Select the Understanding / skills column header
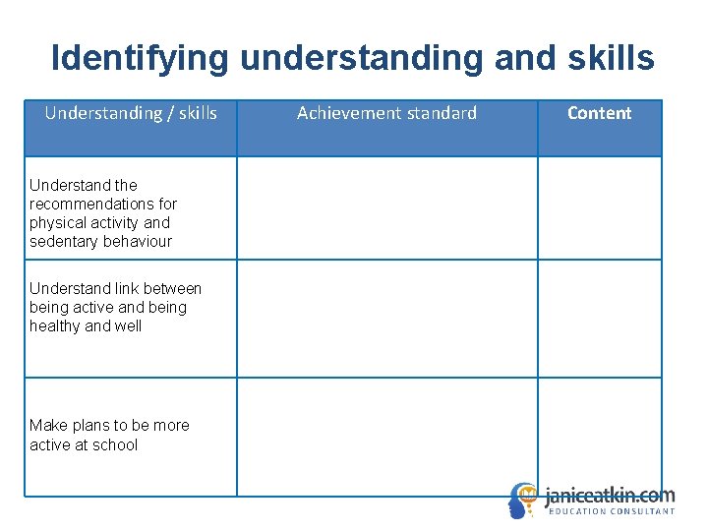tap(131, 113)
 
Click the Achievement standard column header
tap(386, 113)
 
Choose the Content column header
tap(599, 113)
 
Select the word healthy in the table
tap(55, 325)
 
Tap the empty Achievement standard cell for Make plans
tap(386, 437)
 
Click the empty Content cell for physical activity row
tap(599, 207)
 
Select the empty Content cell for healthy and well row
tap(599, 319)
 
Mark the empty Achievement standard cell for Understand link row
tap(386, 319)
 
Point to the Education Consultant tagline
tap(611, 511)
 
